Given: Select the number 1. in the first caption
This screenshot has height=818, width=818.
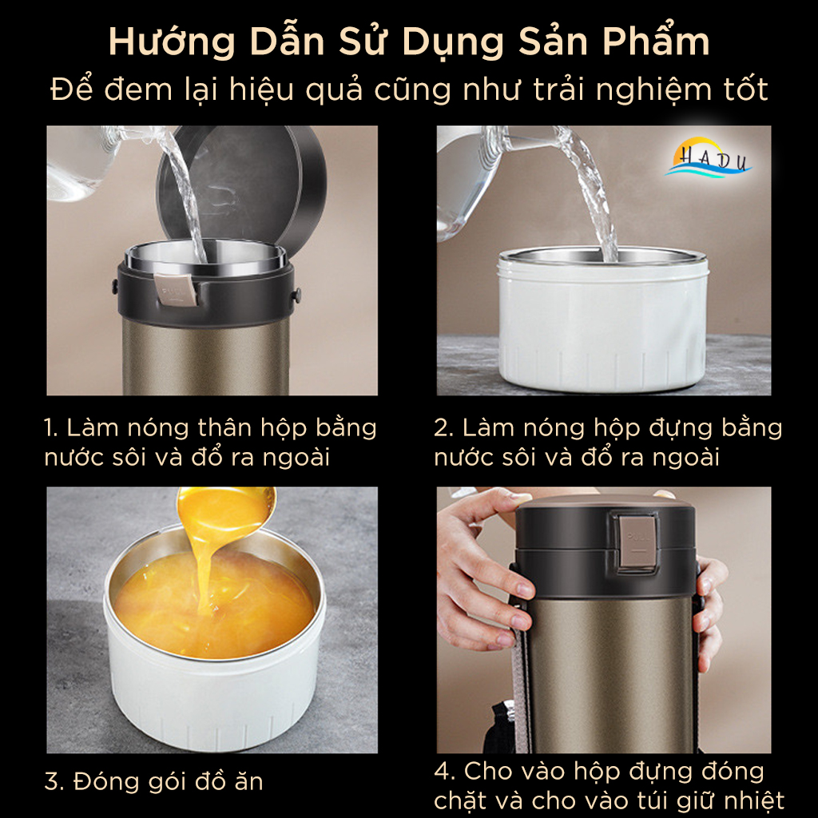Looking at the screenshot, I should point(52,428).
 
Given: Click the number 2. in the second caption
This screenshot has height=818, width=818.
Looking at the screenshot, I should point(444,428).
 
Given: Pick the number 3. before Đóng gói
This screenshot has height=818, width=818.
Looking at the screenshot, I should point(54,781).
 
